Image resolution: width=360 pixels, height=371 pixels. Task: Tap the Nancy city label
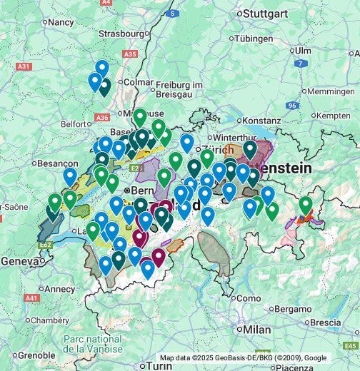tap(61, 22)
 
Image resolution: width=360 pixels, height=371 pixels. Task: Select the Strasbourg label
tap(121, 33)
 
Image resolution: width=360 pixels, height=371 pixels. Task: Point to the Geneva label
tap(19, 261)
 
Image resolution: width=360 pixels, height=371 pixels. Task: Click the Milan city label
tap(256, 330)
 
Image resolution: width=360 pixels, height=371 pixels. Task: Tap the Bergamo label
tap(295, 308)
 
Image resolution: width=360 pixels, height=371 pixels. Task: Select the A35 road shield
tap(130, 54)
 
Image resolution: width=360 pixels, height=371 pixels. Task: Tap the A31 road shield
tap(24, 66)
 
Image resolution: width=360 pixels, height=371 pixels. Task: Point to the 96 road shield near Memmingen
tap(291, 105)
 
